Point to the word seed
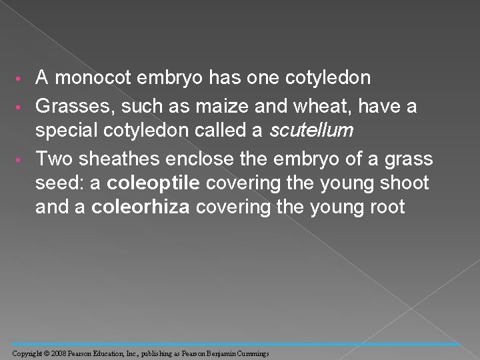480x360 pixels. tap(58, 183)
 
